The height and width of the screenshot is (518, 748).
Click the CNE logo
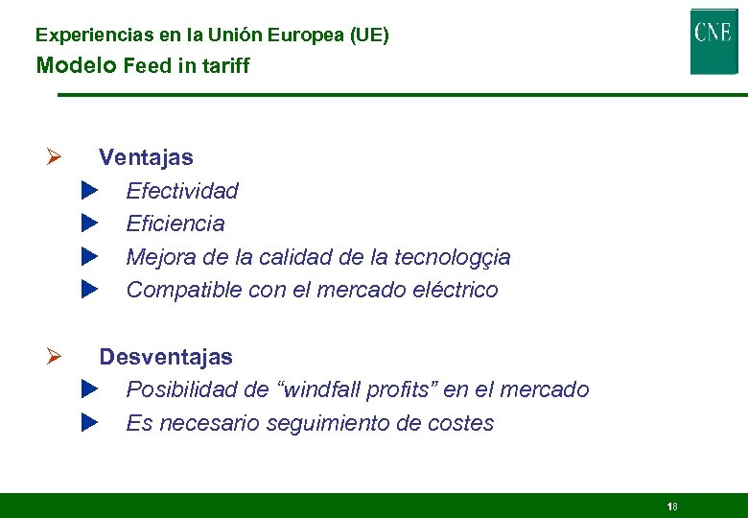click(713, 40)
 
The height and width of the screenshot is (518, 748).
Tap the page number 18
click(672, 506)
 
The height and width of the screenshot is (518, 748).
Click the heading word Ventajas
click(146, 157)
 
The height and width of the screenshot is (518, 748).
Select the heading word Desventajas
click(166, 357)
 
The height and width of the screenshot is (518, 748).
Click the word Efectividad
click(182, 191)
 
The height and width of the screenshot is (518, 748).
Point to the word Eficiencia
click(175, 224)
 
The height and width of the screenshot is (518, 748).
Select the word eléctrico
click(454, 290)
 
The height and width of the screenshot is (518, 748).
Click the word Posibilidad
click(183, 389)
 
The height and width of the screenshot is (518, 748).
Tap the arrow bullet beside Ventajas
click(55, 157)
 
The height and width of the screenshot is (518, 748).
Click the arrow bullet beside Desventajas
click(55, 357)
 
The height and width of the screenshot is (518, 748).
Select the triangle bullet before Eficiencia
click(90, 224)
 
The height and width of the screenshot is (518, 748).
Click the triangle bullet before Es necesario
click(90, 422)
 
